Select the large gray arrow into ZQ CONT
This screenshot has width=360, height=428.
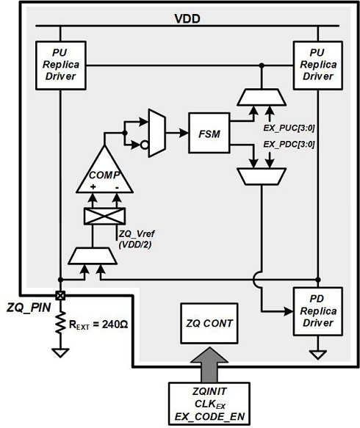pos(208,364)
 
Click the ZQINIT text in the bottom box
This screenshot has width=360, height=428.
pos(208,391)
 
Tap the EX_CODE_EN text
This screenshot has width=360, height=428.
pos(208,416)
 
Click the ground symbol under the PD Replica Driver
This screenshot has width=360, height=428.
pos(317,355)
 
